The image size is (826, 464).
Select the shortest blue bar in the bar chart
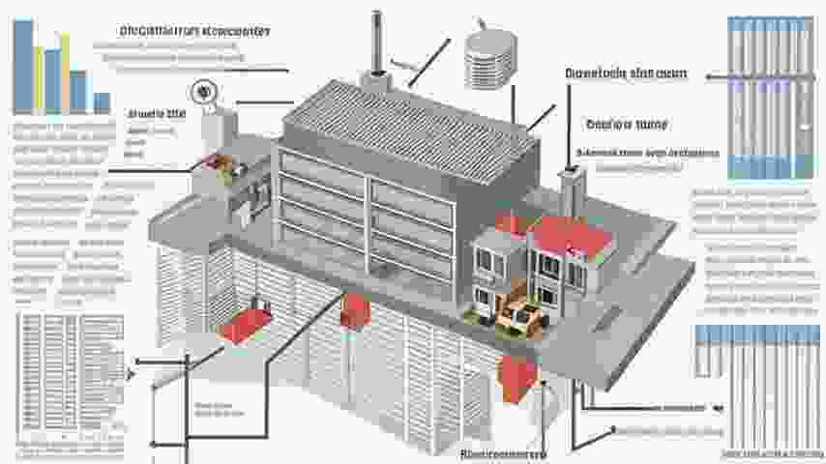[x=102, y=102]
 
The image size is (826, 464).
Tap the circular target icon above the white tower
[x=204, y=92]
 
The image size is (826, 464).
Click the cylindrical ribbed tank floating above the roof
[x=488, y=58]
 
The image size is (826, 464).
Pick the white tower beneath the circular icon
[x=221, y=130]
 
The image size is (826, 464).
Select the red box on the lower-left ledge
[x=238, y=324]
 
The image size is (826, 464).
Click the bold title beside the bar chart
[x=193, y=31]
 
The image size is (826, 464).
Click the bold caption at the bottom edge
[x=503, y=454]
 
